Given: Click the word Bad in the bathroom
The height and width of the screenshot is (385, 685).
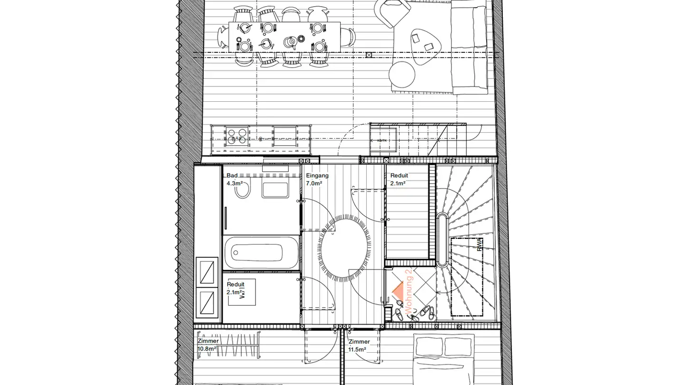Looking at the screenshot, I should pos(232,175).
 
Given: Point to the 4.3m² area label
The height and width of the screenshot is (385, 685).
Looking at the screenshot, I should pos(235,183).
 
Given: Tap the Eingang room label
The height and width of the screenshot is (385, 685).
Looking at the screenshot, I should pos(317,175).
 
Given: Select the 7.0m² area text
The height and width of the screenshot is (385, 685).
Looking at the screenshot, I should pos(314,183).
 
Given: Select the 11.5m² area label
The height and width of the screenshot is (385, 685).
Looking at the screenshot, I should pos(357,349).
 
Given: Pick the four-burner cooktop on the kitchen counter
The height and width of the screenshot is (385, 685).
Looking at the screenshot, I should pos(236,136).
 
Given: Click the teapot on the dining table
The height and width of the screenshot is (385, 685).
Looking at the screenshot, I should pos(290,42).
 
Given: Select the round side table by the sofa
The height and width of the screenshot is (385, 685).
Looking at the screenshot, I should pos(402,74).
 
